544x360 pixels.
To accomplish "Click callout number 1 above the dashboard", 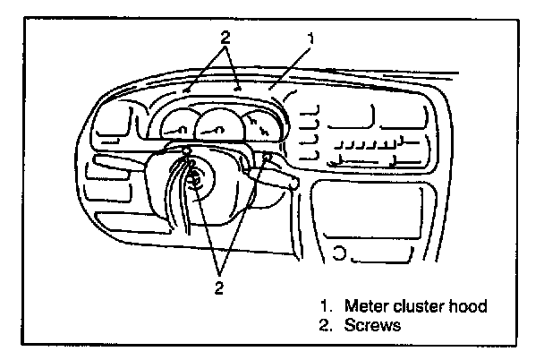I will click(x=310, y=39).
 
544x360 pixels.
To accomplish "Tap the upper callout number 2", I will click(x=225, y=39).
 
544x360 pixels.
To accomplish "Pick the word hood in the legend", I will click(x=470, y=307).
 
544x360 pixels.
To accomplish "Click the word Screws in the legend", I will click(x=371, y=326).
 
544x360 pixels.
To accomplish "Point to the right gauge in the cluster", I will click(x=259, y=126).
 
